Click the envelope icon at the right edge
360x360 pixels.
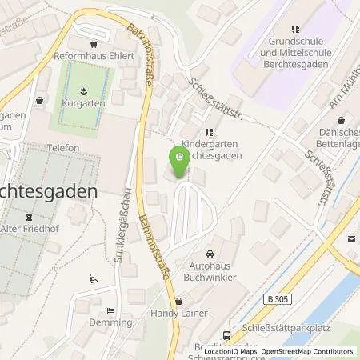(352, 238)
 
